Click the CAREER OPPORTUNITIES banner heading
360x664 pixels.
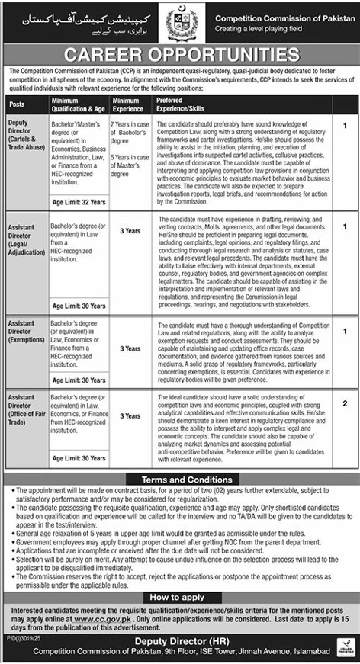[x=180, y=55]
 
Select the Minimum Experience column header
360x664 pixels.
[x=126, y=104]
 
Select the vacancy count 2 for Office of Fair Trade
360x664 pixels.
[x=345, y=403]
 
